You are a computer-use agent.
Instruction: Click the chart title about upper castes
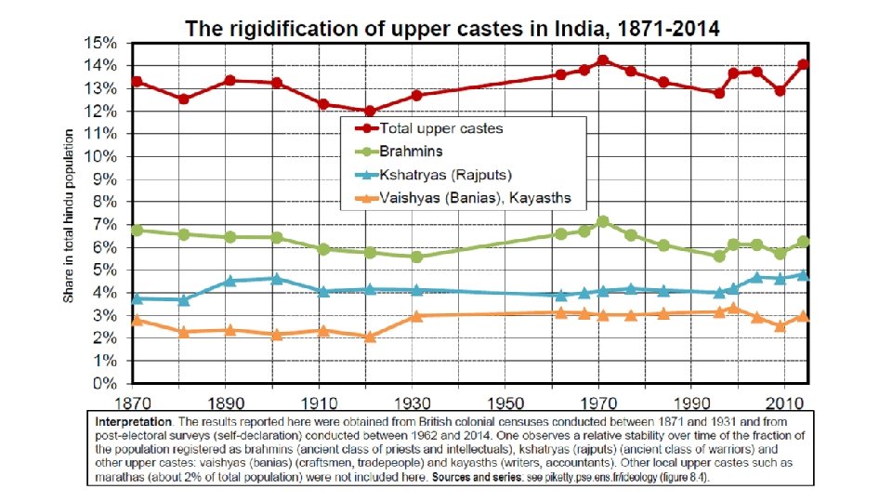tap(453, 29)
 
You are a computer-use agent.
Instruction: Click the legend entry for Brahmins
tap(399, 152)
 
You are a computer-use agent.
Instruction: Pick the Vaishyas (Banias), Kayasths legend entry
tap(463, 198)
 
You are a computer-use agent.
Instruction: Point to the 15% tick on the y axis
tap(100, 44)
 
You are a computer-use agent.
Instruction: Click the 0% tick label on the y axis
tap(105, 384)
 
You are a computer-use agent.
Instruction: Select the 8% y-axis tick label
tap(105, 202)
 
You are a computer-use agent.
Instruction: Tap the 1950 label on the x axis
tap(505, 403)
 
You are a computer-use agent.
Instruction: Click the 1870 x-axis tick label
tap(133, 403)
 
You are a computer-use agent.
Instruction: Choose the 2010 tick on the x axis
tap(785, 403)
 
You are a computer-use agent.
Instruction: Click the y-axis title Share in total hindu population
tap(68, 216)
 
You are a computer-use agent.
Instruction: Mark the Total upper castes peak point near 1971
tap(603, 60)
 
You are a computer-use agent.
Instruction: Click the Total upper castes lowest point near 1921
tap(370, 111)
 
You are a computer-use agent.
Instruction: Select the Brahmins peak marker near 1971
tap(603, 221)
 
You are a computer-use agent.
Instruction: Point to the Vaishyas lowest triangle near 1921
tap(370, 337)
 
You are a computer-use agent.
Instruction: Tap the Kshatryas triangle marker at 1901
tap(277, 278)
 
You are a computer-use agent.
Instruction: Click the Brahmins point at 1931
tap(416, 257)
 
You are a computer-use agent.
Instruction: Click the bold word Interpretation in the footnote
tap(133, 422)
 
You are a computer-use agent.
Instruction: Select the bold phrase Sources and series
tap(478, 477)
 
